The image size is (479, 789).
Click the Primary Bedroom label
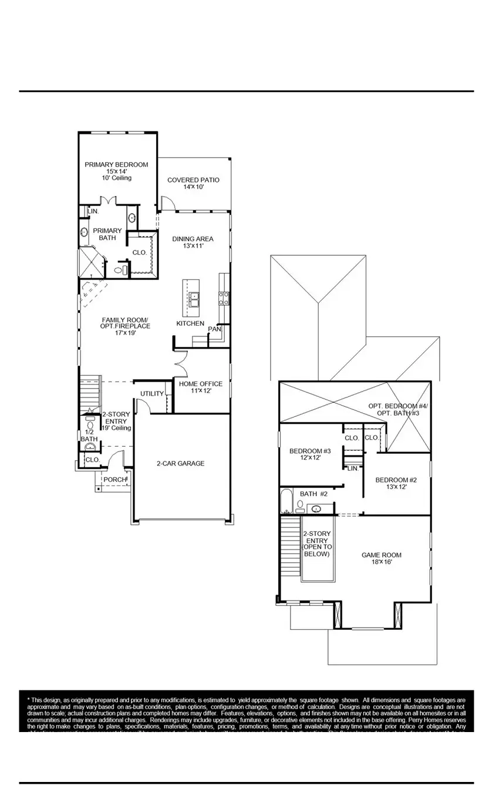pyautogui.click(x=116, y=165)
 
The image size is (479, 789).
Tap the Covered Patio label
pyautogui.click(x=193, y=180)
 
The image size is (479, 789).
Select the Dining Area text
pyautogui.click(x=193, y=239)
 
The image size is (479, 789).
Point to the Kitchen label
pyautogui.click(x=190, y=323)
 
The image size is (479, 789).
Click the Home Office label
pyautogui.click(x=201, y=384)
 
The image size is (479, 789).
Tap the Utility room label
pyautogui.click(x=151, y=393)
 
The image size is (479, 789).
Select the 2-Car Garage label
pyautogui.click(x=180, y=463)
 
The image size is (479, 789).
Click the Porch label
pyautogui.click(x=115, y=480)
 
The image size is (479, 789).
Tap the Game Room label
pyautogui.click(x=381, y=555)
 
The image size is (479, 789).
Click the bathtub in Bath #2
pyautogui.click(x=286, y=502)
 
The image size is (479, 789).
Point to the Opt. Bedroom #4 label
pyautogui.click(x=393, y=406)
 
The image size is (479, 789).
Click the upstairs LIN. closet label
pyautogui.click(x=352, y=468)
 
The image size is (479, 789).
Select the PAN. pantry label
pyautogui.click(x=214, y=329)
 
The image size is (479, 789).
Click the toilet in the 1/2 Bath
pyautogui.click(x=90, y=424)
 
